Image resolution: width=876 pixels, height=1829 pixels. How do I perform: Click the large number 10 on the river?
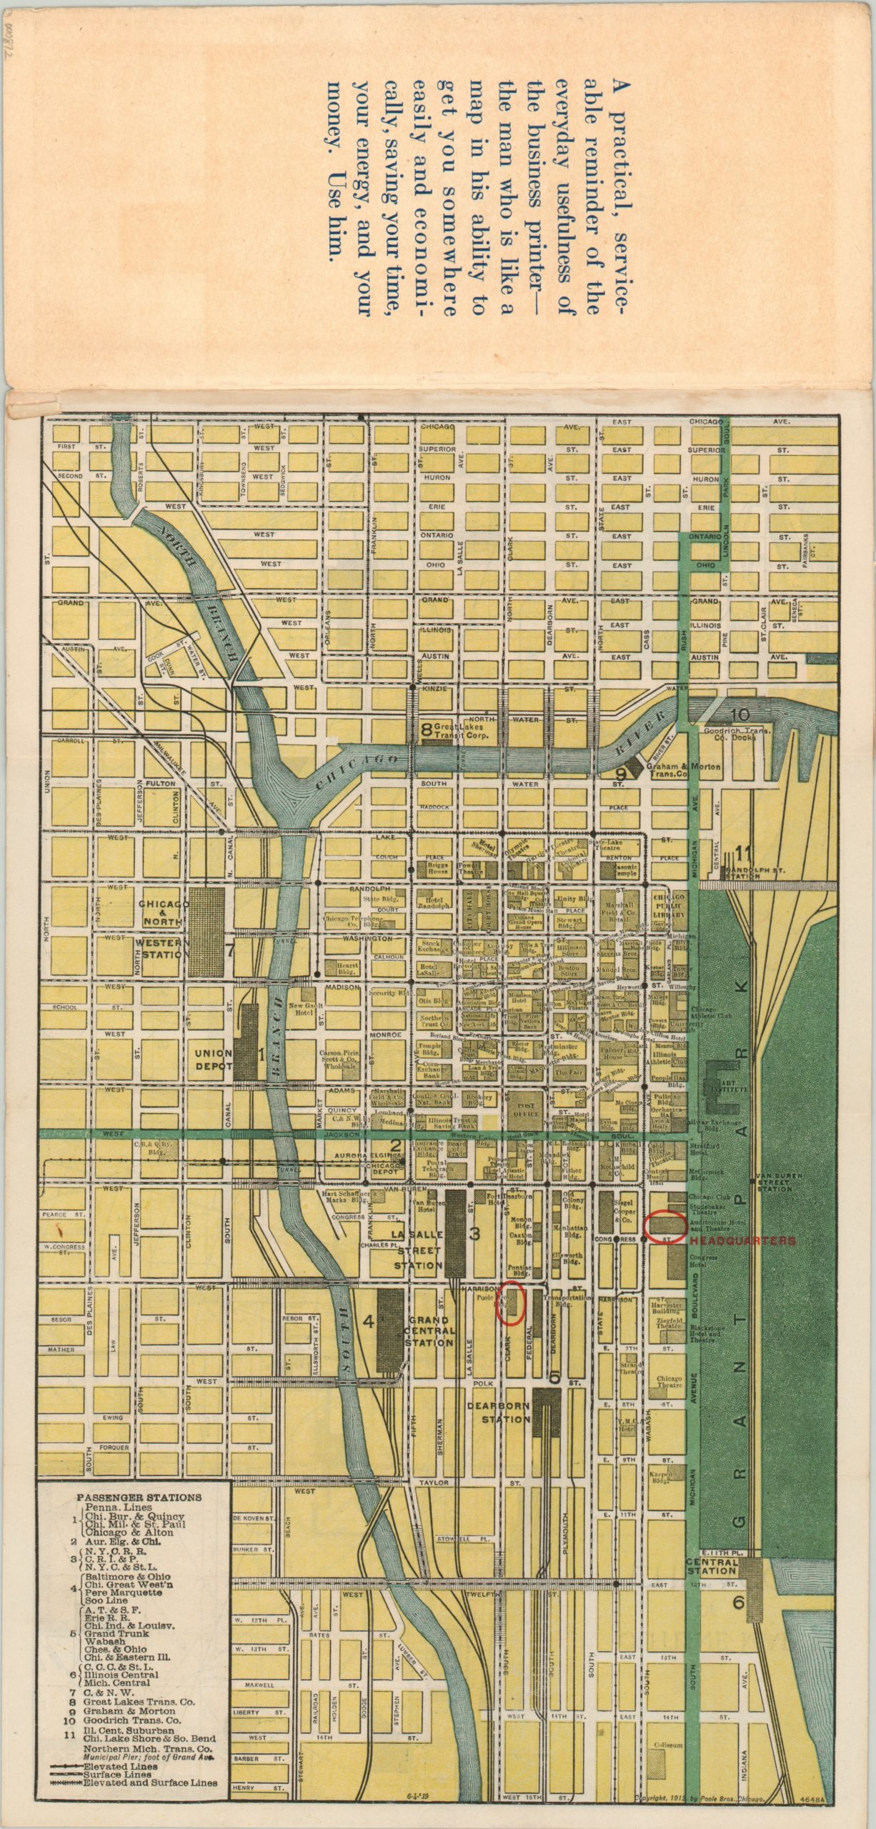pyautogui.click(x=740, y=715)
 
